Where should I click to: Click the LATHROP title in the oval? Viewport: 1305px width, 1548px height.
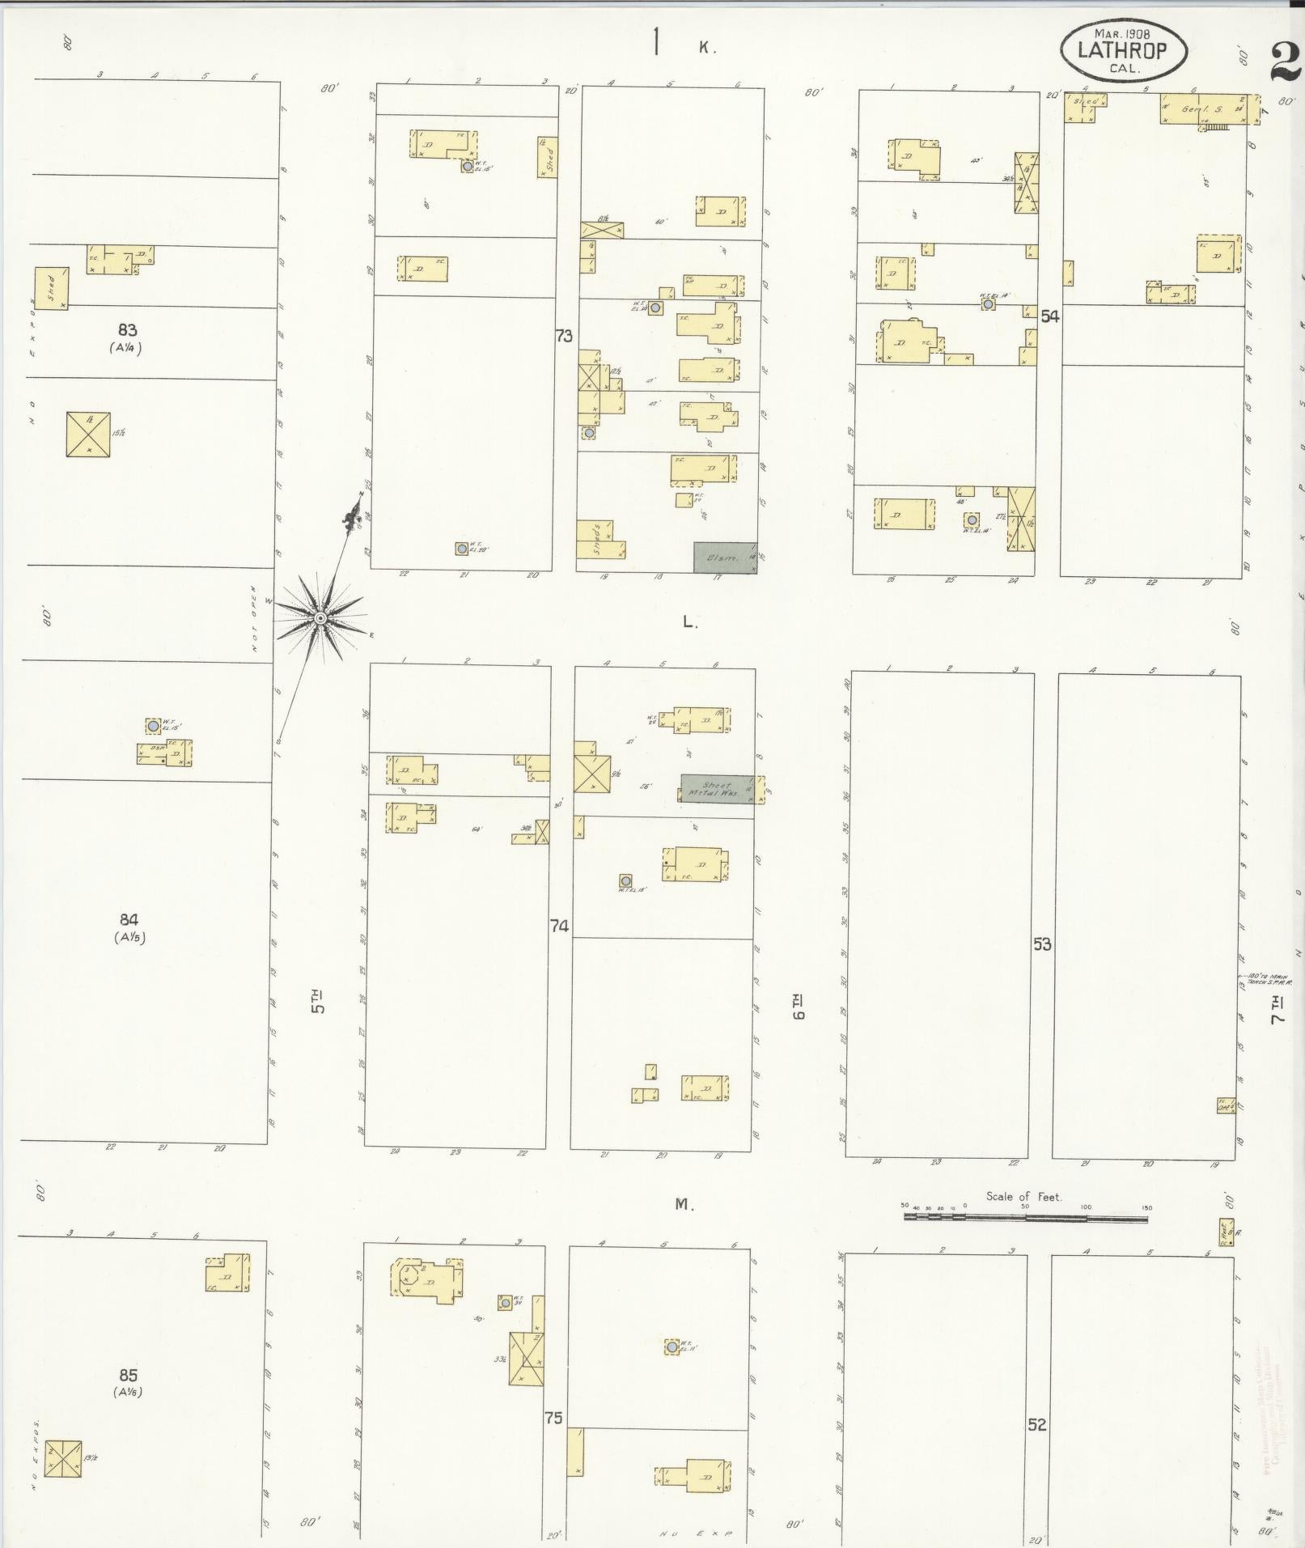tap(1122, 51)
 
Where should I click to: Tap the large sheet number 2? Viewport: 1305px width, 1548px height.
tap(1285, 62)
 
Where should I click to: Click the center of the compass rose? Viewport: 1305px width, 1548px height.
tap(320, 618)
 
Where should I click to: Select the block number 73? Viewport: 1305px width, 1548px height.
tap(564, 335)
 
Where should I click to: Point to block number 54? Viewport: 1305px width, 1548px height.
tap(1049, 316)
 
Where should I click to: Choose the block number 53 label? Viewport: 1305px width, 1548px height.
tap(1041, 944)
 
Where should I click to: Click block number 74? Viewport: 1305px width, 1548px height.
tap(559, 926)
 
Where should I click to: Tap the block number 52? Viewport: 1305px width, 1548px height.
tap(1037, 1424)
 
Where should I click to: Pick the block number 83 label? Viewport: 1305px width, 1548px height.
tap(127, 330)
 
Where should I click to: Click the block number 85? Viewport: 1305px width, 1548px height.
tap(128, 1375)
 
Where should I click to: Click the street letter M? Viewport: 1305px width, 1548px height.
tap(684, 1205)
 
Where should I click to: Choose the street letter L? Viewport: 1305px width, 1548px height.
tap(689, 622)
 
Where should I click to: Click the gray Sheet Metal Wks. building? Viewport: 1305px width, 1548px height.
tap(717, 789)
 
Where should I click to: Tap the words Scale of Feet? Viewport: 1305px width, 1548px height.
tap(1023, 1196)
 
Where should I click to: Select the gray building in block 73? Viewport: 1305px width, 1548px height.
tap(725, 558)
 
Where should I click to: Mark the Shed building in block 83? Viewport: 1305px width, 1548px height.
tap(51, 288)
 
